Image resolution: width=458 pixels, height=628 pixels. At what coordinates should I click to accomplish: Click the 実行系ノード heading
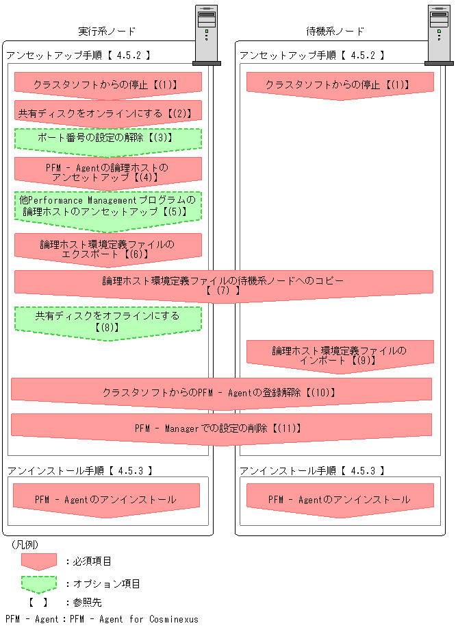click(107, 32)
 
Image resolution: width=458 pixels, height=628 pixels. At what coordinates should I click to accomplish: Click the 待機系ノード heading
click(335, 32)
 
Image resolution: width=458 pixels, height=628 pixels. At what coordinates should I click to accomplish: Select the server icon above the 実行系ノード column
click(207, 35)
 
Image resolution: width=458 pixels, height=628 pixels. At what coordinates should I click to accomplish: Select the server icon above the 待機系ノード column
click(439, 35)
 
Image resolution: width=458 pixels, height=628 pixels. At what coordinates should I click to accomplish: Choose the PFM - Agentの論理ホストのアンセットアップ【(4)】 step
click(108, 172)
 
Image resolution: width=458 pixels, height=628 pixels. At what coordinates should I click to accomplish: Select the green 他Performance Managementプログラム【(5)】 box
click(108, 206)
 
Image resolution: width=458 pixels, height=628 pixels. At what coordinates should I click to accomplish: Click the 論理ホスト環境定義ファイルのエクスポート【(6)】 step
click(108, 248)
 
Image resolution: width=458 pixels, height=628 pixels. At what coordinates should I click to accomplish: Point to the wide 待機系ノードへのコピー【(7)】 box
click(223, 285)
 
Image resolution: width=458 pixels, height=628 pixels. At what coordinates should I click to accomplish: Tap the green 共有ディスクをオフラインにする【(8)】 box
click(108, 322)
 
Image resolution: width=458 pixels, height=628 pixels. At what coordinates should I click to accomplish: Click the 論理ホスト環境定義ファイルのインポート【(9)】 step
click(340, 355)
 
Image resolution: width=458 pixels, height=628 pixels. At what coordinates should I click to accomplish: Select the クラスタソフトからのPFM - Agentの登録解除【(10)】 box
click(221, 393)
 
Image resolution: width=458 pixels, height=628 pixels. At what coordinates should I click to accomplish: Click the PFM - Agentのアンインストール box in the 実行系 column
click(106, 500)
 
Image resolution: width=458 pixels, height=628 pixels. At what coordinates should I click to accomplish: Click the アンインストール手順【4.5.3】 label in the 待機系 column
click(312, 471)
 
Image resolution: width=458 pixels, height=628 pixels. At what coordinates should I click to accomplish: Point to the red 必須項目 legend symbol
click(39, 561)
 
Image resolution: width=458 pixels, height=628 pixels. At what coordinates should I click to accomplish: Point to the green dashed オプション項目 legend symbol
click(39, 583)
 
